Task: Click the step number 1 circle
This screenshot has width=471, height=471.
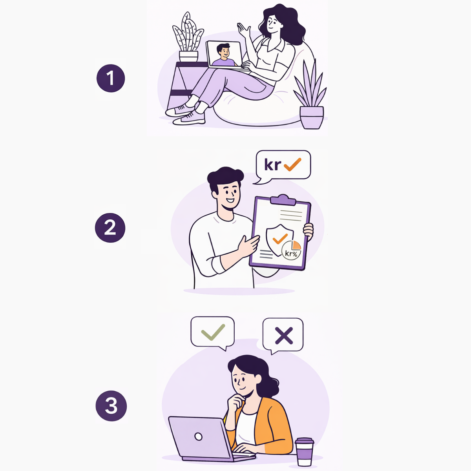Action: coord(111,78)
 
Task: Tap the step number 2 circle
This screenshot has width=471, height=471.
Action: coord(110,228)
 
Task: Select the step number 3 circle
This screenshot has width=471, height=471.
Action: coord(111,405)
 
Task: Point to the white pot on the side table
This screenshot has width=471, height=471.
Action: coord(188,56)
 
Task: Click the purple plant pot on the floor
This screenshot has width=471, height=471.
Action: coord(312,117)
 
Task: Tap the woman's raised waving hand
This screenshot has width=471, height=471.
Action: coord(243,30)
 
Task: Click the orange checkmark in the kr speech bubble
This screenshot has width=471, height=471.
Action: coord(292,164)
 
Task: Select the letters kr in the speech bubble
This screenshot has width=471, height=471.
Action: coord(273,164)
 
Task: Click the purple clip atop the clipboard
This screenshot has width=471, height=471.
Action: coord(283,200)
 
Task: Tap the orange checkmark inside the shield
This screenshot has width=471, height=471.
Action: coord(280,239)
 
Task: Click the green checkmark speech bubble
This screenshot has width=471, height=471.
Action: coord(212,333)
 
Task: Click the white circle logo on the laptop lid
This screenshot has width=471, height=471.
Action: coord(198,436)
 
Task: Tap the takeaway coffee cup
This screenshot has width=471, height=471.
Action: coord(304,452)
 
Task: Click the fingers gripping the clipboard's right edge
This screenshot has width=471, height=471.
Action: coord(309,231)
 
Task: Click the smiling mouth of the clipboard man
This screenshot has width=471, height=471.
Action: coord(230,201)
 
